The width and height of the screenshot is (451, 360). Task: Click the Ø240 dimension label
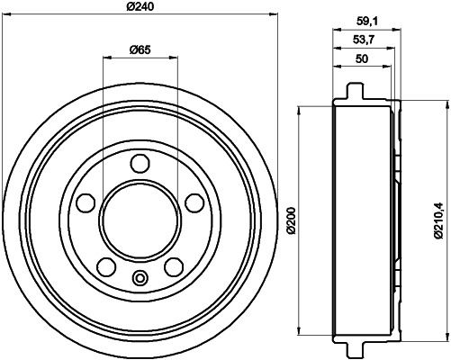[x=140, y=7]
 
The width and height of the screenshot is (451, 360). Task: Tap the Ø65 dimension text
[x=139, y=49]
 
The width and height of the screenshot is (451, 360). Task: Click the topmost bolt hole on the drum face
[x=139, y=164]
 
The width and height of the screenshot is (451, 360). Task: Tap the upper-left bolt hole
[x=86, y=202]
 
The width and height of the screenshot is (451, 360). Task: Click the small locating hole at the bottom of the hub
[x=139, y=277]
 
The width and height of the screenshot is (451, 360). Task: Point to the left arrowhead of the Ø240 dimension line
[x=11, y=14]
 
